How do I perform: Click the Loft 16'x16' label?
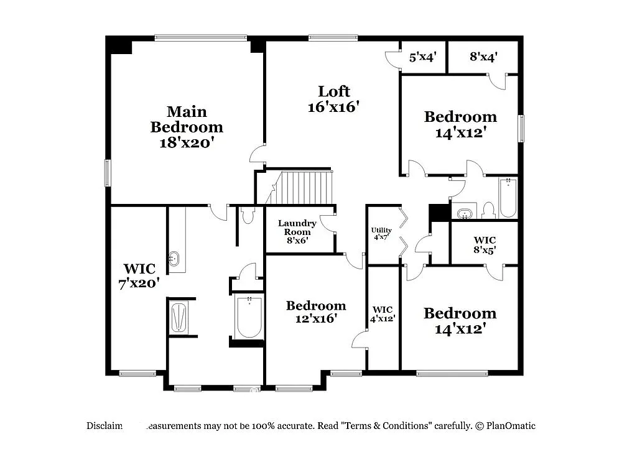(334, 99)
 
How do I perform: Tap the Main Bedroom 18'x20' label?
(187, 127)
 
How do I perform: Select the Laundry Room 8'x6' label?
(297, 232)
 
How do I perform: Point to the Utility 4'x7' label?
(381, 233)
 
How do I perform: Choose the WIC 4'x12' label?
(383, 313)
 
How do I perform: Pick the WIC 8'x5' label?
(485, 244)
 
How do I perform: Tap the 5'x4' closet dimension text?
(422, 57)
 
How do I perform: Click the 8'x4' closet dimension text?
(483, 57)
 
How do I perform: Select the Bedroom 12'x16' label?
(316, 311)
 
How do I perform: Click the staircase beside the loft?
(300, 187)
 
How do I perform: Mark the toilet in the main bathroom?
(248, 215)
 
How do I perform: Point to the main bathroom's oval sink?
(174, 258)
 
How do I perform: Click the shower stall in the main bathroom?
(179, 316)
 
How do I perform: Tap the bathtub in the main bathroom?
(249, 318)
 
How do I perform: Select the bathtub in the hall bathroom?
(508, 197)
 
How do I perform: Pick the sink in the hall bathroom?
(464, 213)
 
